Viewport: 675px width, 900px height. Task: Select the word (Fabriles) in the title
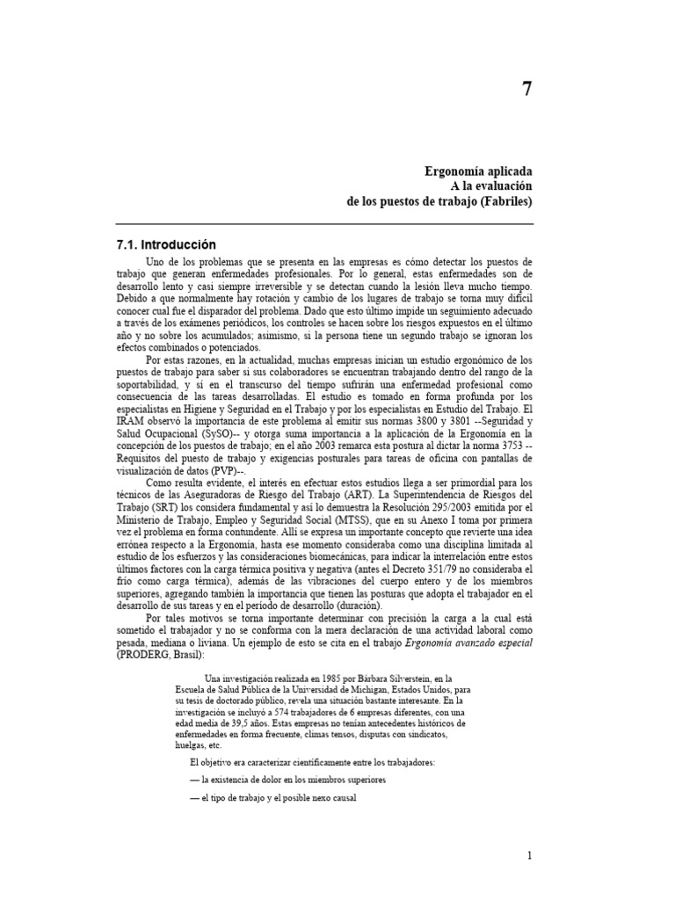(507, 202)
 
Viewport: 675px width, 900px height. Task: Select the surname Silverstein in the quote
(403, 678)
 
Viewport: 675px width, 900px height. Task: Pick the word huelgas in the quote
(192, 744)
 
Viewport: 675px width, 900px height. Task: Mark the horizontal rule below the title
(324, 224)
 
